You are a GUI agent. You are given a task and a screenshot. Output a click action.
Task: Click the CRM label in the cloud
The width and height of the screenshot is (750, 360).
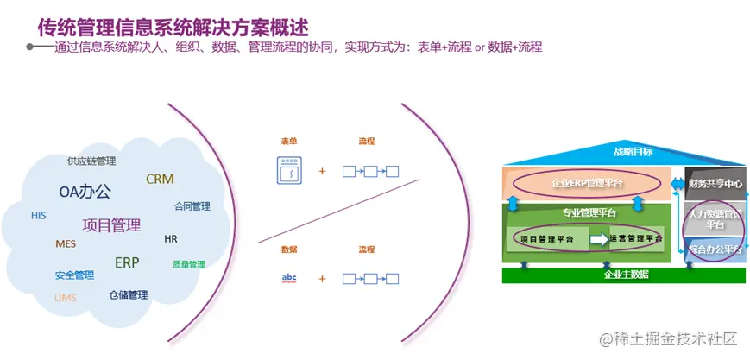[x=160, y=180]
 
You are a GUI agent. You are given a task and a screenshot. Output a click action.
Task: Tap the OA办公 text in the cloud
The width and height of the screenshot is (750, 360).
[x=85, y=192]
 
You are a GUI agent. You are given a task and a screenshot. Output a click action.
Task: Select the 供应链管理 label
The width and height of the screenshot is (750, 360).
[x=91, y=161]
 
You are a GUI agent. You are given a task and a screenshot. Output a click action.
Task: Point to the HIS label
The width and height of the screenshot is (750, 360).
[x=38, y=215]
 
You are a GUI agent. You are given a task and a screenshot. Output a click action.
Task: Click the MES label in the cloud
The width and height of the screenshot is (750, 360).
[x=66, y=243]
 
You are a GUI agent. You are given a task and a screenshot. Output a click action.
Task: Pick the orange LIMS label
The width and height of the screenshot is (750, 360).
[x=66, y=298]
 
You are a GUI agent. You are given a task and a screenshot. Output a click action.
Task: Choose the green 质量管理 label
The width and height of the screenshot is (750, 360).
[x=188, y=264]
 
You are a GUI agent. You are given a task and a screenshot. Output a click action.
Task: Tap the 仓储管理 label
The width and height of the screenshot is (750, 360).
[x=128, y=294]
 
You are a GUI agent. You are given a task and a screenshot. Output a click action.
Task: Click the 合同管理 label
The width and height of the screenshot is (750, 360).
[x=192, y=206]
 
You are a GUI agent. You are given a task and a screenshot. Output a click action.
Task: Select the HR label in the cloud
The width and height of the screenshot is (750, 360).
[x=170, y=238]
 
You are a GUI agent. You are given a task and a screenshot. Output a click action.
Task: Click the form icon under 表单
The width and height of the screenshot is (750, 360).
[x=288, y=170]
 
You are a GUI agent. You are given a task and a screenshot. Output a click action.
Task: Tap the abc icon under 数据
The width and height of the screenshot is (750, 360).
[x=288, y=278]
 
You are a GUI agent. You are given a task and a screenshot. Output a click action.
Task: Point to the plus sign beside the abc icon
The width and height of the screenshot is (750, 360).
[x=322, y=279]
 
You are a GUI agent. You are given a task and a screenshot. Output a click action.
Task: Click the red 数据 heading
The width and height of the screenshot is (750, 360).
[x=289, y=249]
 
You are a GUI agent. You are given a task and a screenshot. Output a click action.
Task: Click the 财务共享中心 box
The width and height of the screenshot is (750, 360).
[x=715, y=183]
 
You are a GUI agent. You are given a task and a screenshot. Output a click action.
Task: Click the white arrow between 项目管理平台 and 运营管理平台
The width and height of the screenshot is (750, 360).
[x=597, y=237]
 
